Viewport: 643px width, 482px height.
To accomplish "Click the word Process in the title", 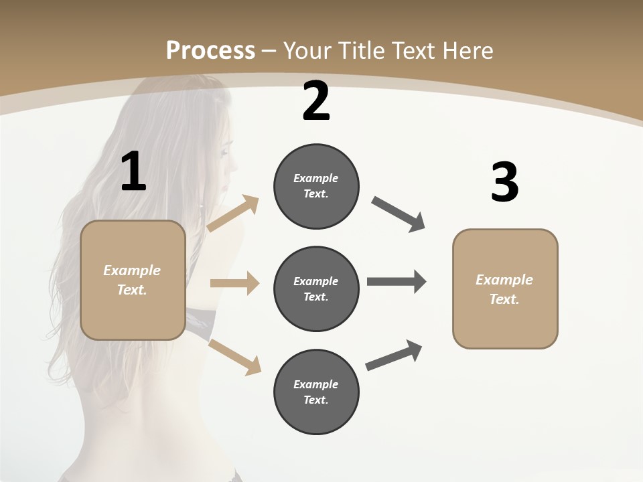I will pos(210,50).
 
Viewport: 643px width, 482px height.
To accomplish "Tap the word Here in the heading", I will pos(466,50).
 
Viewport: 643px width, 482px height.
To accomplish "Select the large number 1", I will pos(133,172).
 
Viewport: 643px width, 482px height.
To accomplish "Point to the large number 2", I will pos(316,102).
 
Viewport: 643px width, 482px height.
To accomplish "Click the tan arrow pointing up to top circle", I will pos(233,214).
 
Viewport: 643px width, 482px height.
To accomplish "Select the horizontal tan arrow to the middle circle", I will pos(234,283).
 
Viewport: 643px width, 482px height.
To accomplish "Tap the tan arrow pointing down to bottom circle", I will pos(234,356).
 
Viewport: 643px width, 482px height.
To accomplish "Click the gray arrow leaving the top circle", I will pos(399,214).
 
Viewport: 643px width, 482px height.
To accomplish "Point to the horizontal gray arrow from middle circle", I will pos(397,282).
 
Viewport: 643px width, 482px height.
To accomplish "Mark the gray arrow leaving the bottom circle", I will pos(394,355).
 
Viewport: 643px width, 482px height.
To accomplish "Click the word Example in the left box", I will pos(132,270).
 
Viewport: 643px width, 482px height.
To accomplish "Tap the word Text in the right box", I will pos(504,299).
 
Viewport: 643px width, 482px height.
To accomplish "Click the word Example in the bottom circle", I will pos(315,384).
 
